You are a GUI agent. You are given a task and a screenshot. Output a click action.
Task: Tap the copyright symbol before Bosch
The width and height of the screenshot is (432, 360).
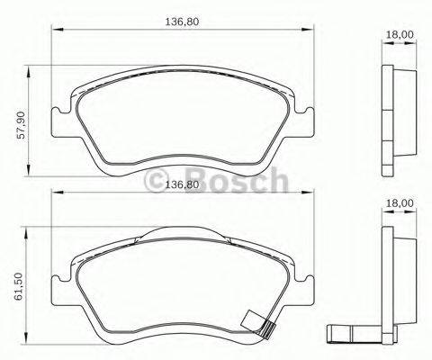tap(156, 183)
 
